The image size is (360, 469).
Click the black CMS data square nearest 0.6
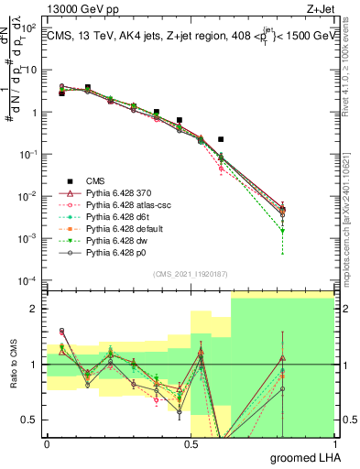(221, 139)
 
